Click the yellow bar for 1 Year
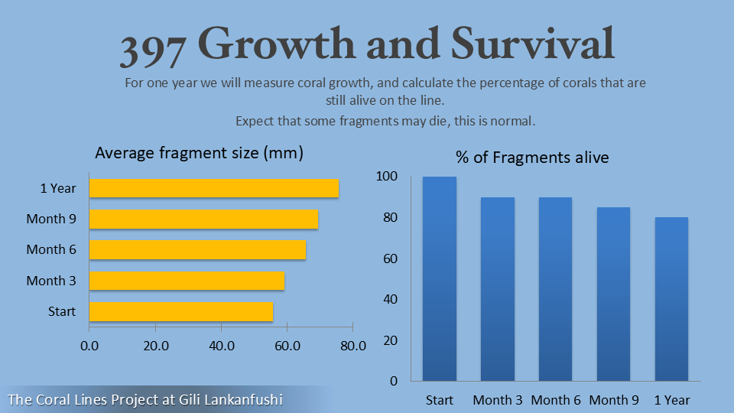pyautogui.click(x=214, y=188)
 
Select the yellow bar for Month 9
pyautogui.click(x=203, y=219)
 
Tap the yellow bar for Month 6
pyautogui.click(x=197, y=249)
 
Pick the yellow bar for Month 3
pyautogui.click(x=187, y=281)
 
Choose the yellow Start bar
pyautogui.click(x=181, y=311)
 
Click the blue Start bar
pyautogui.click(x=440, y=279)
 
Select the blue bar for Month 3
pyautogui.click(x=498, y=289)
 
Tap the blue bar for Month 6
pyautogui.click(x=556, y=289)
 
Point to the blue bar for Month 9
pyautogui.click(x=614, y=294)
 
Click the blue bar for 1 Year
pyautogui.click(x=672, y=299)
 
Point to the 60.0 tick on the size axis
pyautogui.click(x=287, y=346)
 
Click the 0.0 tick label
pyautogui.click(x=89, y=346)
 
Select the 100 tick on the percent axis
pyautogui.click(x=388, y=177)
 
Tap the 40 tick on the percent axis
pyautogui.click(x=390, y=299)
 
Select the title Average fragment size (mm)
pyautogui.click(x=199, y=153)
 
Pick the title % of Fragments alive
pyautogui.click(x=532, y=158)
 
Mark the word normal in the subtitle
pyautogui.click(x=514, y=121)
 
